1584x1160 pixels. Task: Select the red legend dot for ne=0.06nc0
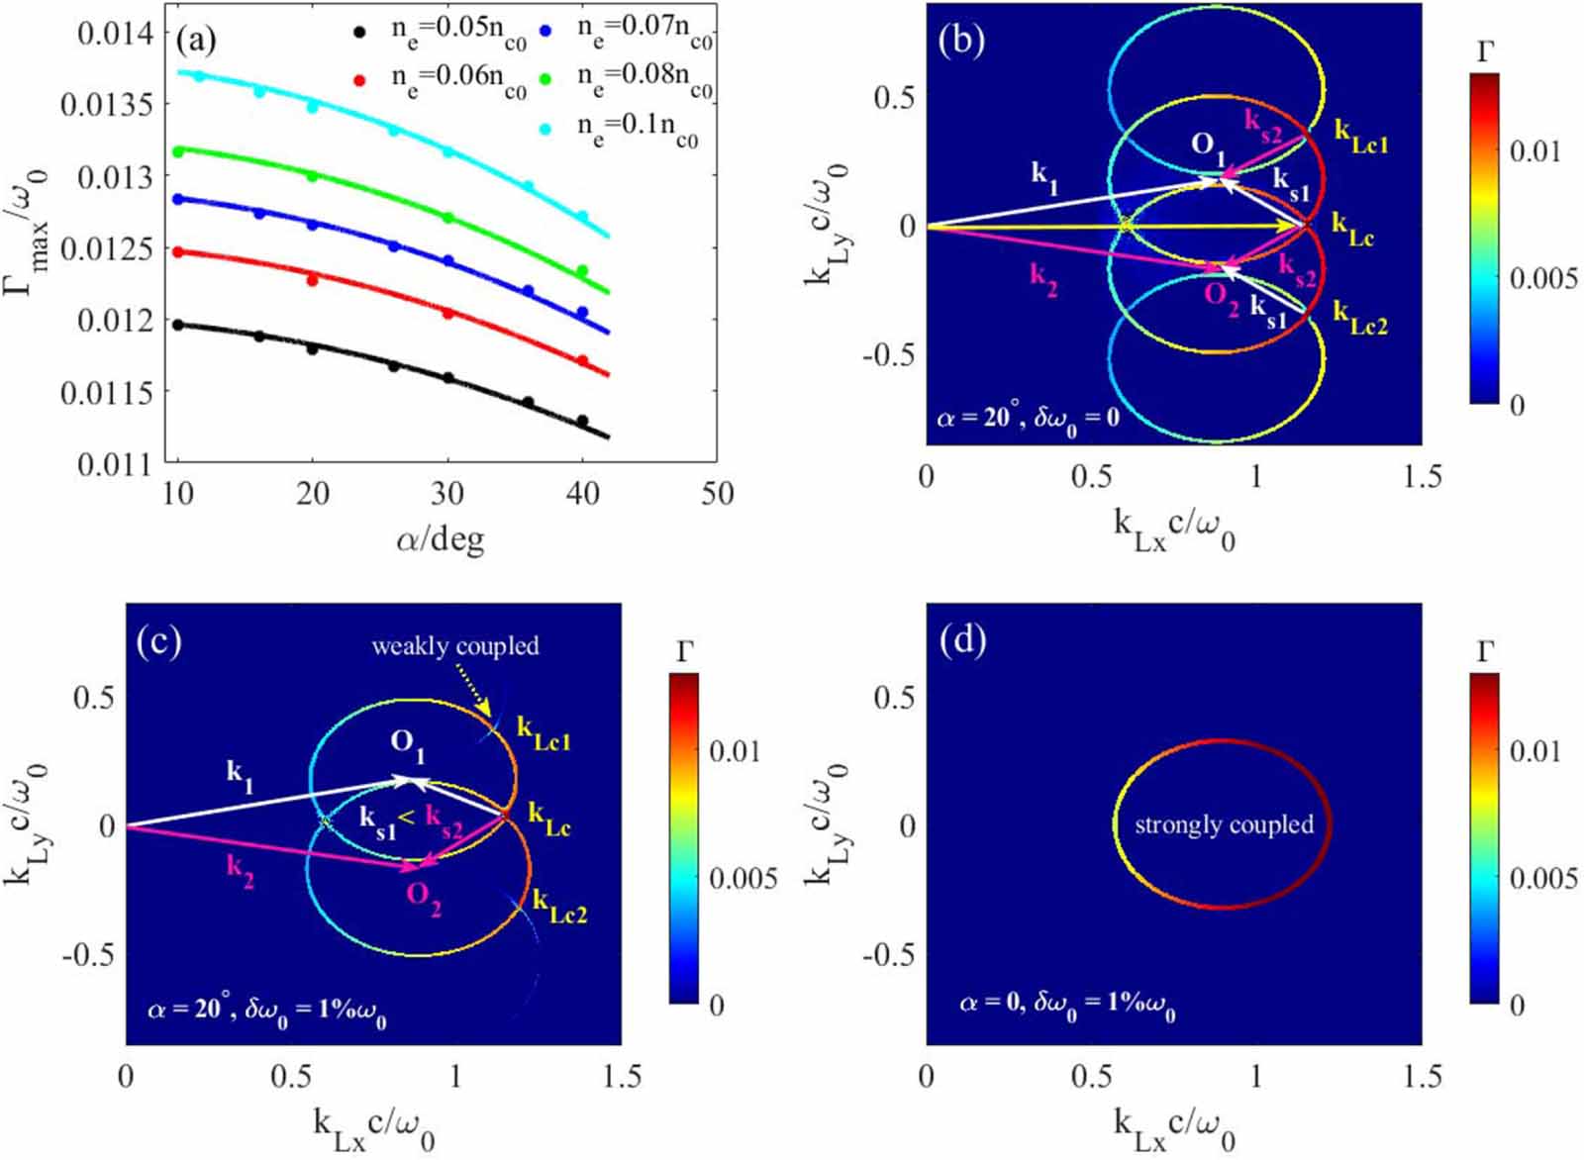361,80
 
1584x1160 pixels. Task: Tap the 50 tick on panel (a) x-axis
717,493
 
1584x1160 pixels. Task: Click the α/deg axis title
440,539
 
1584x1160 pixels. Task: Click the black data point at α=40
582,421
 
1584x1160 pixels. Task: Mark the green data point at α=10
179,151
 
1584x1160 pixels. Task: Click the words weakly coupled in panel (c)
455,646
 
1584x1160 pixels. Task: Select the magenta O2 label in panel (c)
423,897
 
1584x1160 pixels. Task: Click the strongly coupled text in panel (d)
1224,824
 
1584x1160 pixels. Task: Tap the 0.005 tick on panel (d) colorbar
1542,878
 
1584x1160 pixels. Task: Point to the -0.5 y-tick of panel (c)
91,955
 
